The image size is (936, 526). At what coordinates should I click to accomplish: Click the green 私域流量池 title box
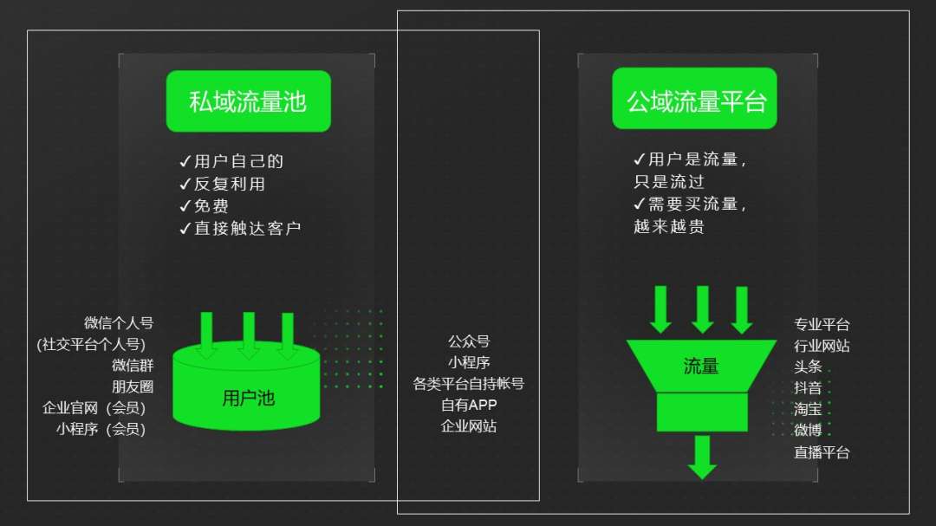[x=248, y=101]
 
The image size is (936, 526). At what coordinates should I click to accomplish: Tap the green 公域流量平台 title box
[x=696, y=101]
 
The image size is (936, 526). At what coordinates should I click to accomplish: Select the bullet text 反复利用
[x=222, y=184]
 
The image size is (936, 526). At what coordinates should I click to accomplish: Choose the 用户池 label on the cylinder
[x=248, y=399]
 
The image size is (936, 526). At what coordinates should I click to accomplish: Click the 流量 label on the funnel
[x=701, y=367]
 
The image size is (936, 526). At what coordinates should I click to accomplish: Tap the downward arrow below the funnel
[x=702, y=457]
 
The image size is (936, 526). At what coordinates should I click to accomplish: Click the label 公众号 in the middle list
[x=469, y=342]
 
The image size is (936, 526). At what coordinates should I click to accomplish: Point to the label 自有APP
[x=469, y=405]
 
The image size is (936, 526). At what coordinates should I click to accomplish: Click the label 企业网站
[x=469, y=426]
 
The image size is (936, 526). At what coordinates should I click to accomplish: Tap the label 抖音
[x=808, y=388]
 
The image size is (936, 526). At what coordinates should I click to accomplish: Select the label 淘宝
[x=808, y=410]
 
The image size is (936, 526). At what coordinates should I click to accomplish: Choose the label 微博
[x=808, y=431]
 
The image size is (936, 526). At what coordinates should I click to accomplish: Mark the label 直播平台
[x=822, y=452]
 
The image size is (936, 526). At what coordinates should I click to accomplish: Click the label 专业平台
[x=822, y=325]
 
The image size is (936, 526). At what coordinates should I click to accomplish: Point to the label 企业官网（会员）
[x=94, y=408]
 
